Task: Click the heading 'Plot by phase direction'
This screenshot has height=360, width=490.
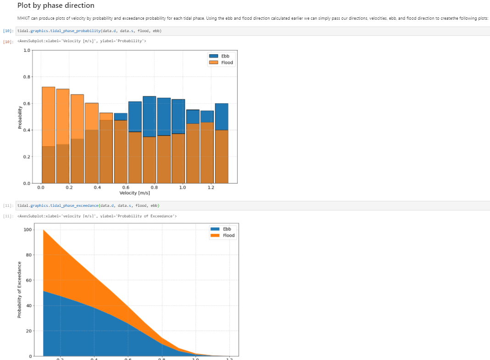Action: pyautogui.click(x=56, y=6)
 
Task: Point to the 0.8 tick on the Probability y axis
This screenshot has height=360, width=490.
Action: pyautogui.click(x=27, y=77)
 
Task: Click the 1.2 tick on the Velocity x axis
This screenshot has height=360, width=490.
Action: pyautogui.click(x=211, y=188)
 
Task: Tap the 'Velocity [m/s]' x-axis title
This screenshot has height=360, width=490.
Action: pyautogui.click(x=134, y=193)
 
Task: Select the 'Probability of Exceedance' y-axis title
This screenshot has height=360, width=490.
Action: pyautogui.click(x=19, y=289)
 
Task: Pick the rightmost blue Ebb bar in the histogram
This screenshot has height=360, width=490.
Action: pyautogui.click(x=222, y=116)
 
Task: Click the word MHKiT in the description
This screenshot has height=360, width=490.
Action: pyautogui.click(x=23, y=18)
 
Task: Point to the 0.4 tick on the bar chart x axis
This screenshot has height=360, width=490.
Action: pyautogui.click(x=97, y=188)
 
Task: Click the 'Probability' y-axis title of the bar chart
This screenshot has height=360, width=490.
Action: pyautogui.click(x=20, y=117)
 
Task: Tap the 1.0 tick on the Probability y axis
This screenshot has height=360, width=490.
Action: pyautogui.click(x=27, y=50)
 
